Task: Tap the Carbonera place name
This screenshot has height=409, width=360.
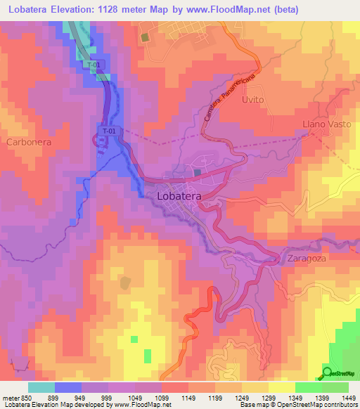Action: tap(30, 141)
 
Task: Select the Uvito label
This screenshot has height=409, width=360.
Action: tap(252, 100)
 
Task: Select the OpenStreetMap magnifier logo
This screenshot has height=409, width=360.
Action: tap(327, 372)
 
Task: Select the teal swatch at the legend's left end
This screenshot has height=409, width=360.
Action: tap(41, 387)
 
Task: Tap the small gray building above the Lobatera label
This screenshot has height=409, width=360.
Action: tap(198, 171)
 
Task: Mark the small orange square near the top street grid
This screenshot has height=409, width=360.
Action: tap(146, 38)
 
